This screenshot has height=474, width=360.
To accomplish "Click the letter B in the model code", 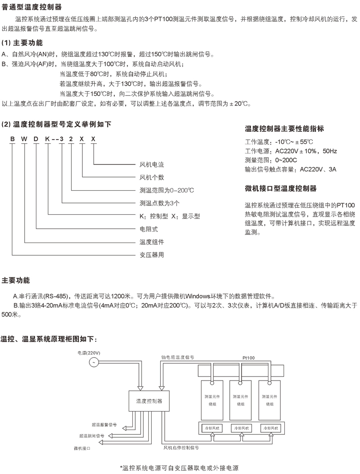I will click(12, 138).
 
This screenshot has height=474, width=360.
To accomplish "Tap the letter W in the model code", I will click(25, 138).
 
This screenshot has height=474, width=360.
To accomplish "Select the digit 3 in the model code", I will click(62, 138).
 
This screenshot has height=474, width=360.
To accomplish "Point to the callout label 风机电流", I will click(152, 165).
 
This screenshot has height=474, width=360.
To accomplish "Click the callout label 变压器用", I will click(152, 255).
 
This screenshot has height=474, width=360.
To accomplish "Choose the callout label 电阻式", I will click(148, 229).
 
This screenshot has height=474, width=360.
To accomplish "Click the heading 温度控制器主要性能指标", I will click(284, 129).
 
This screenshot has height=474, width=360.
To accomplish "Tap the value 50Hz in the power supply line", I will click(329, 151).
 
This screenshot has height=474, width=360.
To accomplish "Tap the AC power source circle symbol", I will click(94, 362).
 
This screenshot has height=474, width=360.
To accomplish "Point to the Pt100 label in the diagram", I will click(248, 358).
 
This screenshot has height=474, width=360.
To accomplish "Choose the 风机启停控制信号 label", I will click(181, 448).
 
